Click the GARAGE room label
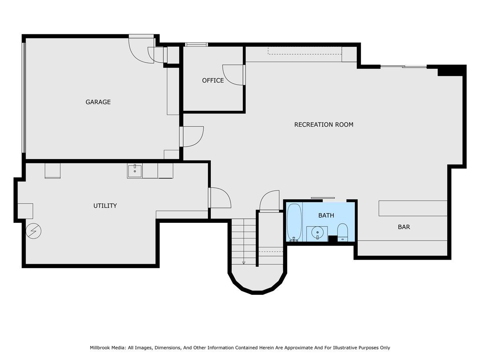click(98, 102)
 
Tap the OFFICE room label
click(213, 81)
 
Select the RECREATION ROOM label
click(324, 124)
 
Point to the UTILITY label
click(105, 206)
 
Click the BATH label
click(326, 216)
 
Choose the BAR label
click(404, 227)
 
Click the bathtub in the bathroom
click(294, 222)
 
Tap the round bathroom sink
click(317, 234)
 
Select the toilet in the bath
click(342, 232)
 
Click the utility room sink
click(135, 171)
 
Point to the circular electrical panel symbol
click(34, 231)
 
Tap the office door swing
click(233, 75)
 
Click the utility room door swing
click(220, 198)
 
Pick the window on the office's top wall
click(196, 44)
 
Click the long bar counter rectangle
click(413, 208)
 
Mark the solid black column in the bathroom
click(333, 238)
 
